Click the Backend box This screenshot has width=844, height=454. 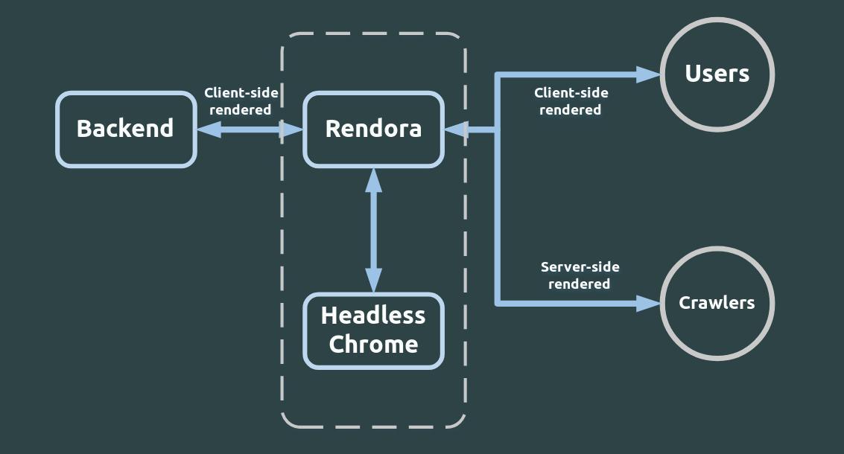click(x=126, y=130)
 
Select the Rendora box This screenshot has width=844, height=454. click(x=373, y=130)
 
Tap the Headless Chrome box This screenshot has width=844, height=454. click(x=373, y=330)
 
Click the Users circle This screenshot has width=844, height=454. click(x=717, y=74)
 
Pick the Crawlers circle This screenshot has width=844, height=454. click(x=717, y=303)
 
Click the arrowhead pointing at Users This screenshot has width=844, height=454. click(x=649, y=74)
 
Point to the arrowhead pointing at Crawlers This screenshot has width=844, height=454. click(x=649, y=303)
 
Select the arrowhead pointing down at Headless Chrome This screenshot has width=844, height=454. click(x=373, y=281)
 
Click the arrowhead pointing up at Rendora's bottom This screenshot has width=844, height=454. click(x=373, y=180)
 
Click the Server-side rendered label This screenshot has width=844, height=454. click(x=580, y=275)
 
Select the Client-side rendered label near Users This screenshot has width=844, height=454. click(x=571, y=101)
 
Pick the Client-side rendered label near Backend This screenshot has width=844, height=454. click(x=241, y=101)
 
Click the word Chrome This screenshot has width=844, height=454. click(x=373, y=345)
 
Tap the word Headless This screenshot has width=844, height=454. click(x=373, y=316)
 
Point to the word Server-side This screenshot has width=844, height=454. click(x=580, y=267)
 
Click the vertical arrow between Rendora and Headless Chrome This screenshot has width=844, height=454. click(x=373, y=231)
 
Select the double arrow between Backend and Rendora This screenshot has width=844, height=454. click(x=250, y=130)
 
